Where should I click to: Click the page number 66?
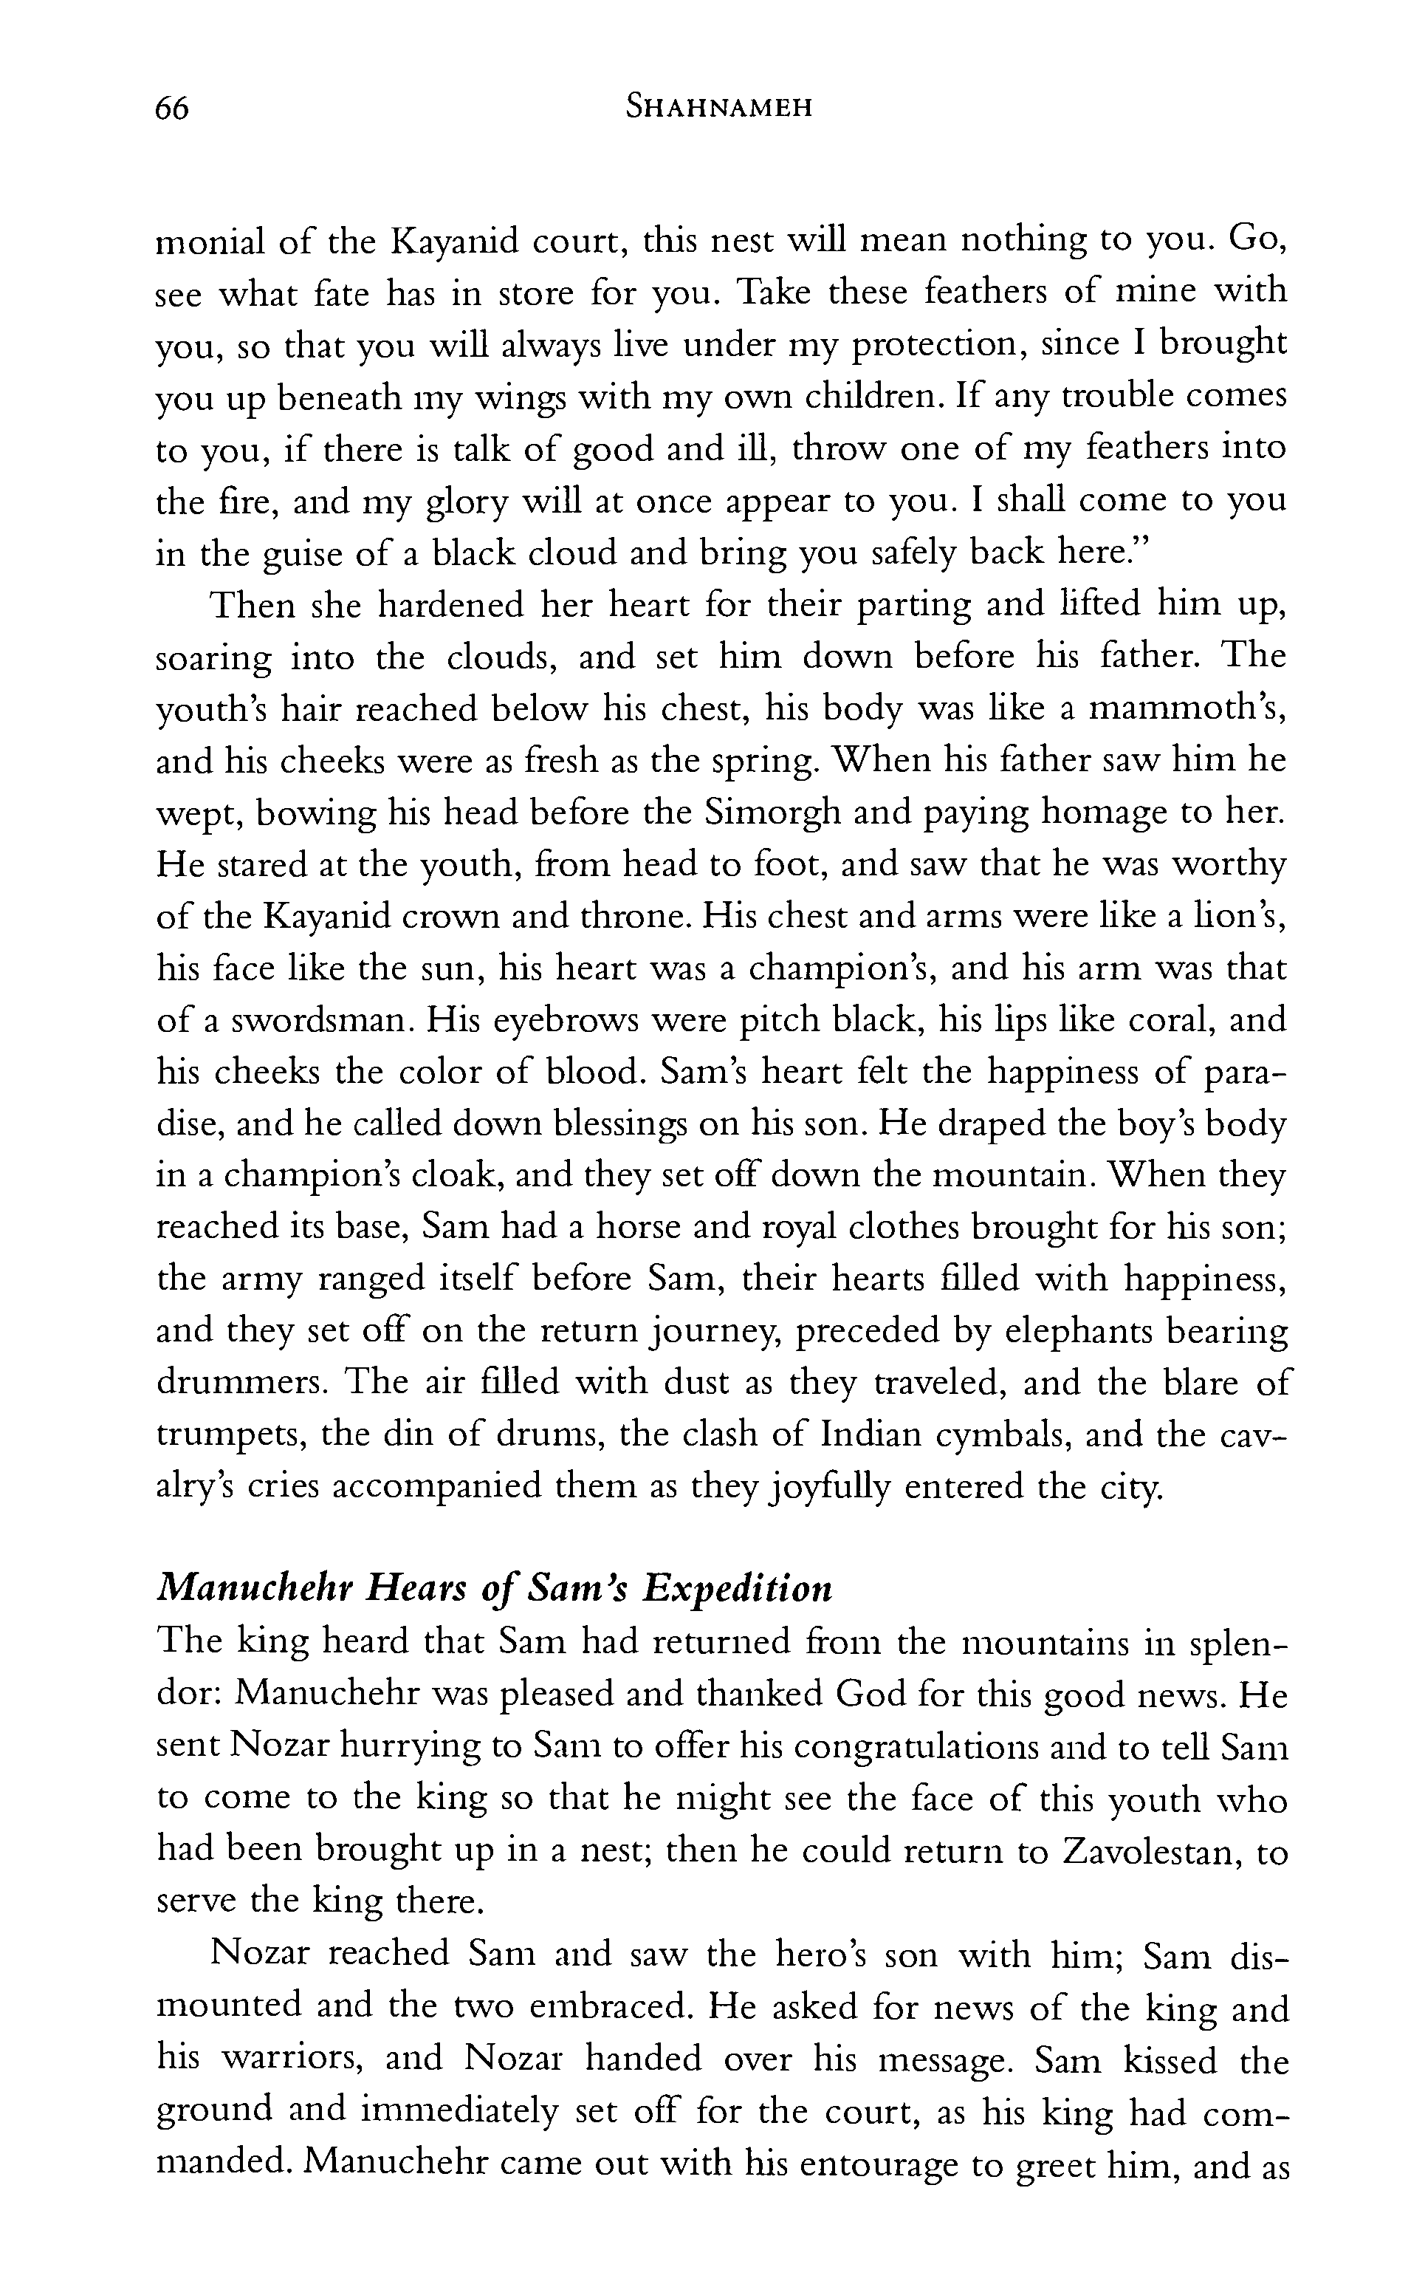[173, 109]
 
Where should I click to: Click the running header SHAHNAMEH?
[719, 109]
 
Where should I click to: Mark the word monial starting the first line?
[207, 242]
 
